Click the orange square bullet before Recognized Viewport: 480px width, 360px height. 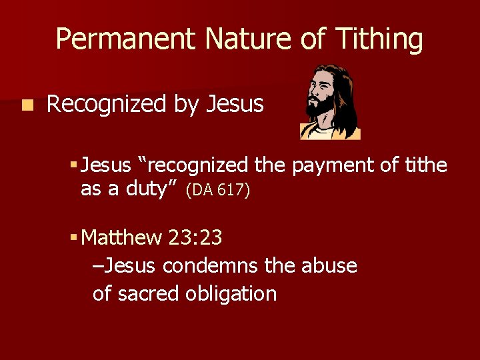point(26,105)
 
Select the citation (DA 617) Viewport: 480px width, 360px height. point(217,191)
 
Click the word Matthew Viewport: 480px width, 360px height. point(121,237)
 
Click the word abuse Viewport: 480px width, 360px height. point(329,265)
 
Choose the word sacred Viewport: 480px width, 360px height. point(154,293)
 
